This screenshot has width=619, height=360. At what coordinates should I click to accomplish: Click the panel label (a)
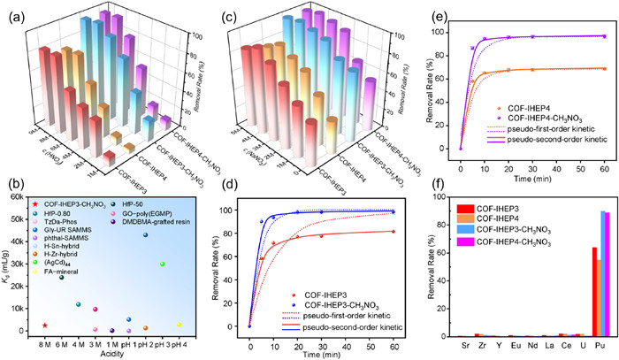[x=15, y=14]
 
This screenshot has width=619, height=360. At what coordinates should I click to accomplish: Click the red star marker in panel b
[x=45, y=326]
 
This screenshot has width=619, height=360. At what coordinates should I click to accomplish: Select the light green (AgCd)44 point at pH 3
[x=162, y=264]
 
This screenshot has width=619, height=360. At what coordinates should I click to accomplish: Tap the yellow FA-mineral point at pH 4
[x=179, y=324]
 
